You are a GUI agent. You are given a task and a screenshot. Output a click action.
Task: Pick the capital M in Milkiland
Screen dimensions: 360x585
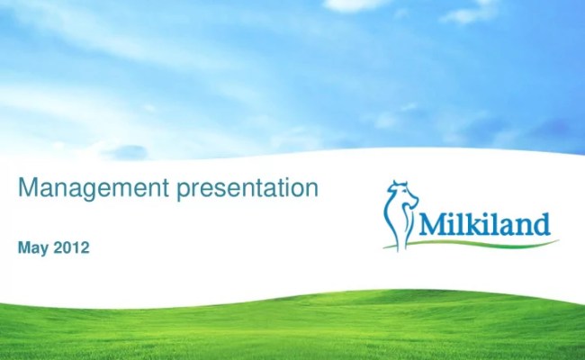431,220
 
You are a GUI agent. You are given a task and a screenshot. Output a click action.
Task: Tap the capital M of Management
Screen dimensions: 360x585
29,189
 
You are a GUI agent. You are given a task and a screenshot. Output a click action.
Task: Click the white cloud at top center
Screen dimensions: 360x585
355,5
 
